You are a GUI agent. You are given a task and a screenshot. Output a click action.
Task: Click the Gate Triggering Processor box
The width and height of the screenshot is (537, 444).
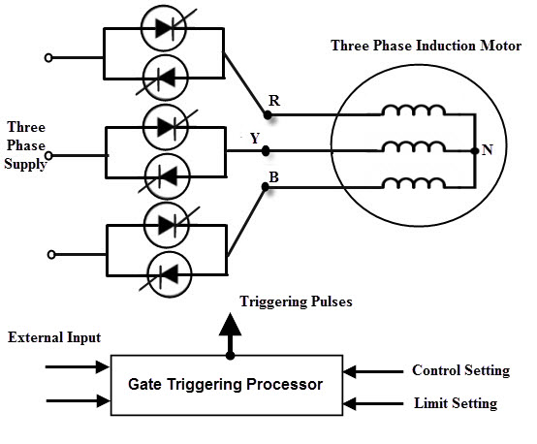(226, 384)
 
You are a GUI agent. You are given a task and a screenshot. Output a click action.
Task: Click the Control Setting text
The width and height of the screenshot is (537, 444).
(460, 370)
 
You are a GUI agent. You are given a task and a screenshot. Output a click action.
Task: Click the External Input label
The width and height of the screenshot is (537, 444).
(54, 337)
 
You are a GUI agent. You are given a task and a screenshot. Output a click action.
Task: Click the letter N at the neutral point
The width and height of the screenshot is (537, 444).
(488, 151)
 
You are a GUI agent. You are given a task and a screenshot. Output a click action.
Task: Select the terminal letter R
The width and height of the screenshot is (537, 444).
(273, 100)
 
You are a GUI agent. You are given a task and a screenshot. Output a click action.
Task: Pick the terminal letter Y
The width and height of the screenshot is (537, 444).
(255, 138)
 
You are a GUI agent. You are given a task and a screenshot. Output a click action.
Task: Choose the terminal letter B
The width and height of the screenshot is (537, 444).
(273, 177)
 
